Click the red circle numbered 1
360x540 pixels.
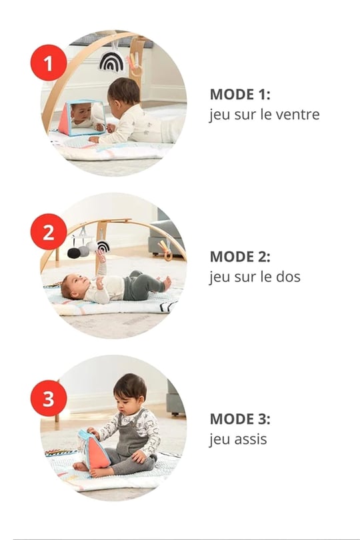48,63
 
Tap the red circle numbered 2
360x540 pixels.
48,232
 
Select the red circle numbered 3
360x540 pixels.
48,398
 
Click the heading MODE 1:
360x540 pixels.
240,95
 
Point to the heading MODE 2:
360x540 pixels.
240,257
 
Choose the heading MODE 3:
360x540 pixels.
240,419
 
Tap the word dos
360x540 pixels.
288,277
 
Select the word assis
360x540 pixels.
251,439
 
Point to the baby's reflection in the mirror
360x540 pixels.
83,116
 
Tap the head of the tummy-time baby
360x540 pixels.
124,92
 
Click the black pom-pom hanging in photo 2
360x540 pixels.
74,253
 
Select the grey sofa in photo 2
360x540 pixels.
165,234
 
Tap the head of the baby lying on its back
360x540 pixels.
73,286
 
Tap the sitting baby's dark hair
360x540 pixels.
130,385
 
